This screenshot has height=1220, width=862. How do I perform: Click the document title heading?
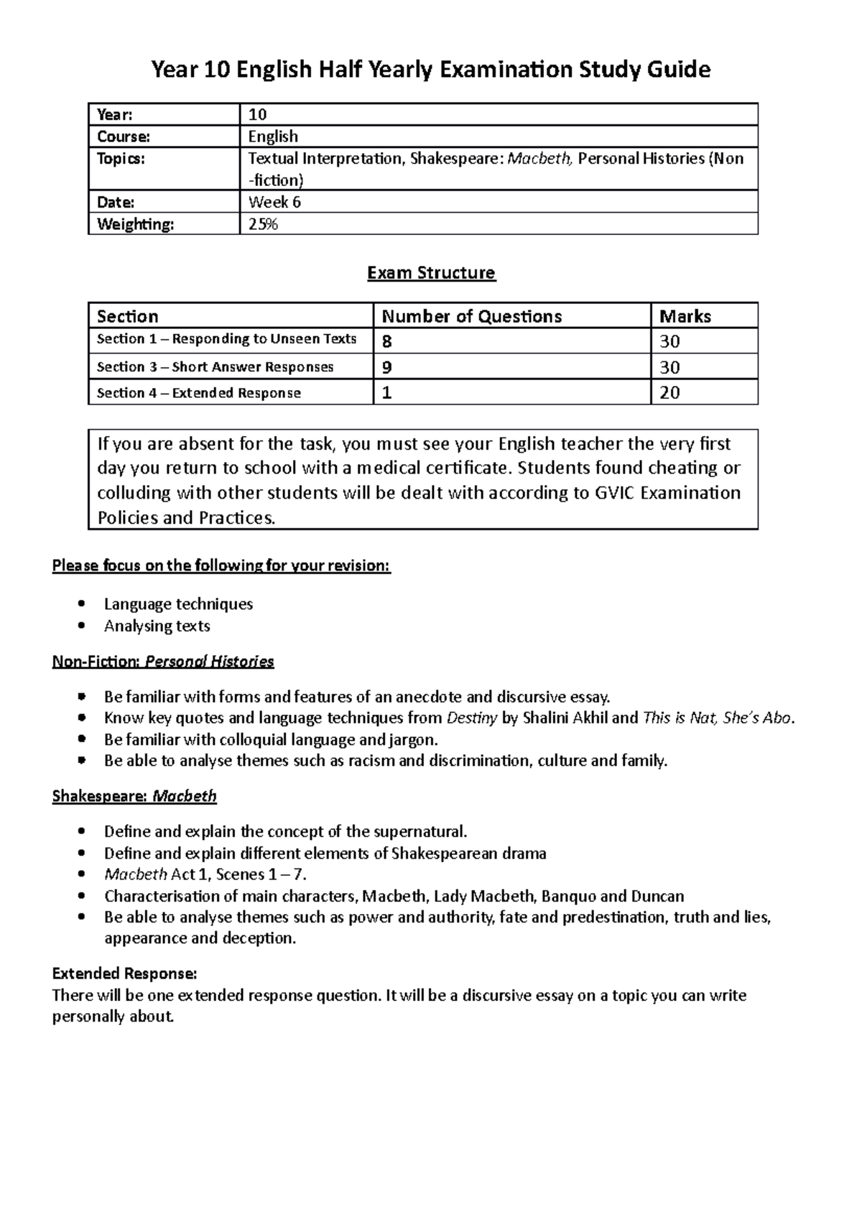tap(430, 70)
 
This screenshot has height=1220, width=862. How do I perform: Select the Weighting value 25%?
tap(263, 224)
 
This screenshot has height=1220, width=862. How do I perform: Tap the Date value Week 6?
tap(274, 202)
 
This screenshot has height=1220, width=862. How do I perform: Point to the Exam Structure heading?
tap(431, 273)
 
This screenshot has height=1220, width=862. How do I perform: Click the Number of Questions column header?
tap(471, 316)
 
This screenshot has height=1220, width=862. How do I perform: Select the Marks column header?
tap(685, 316)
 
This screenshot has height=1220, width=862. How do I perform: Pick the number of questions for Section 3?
tap(387, 367)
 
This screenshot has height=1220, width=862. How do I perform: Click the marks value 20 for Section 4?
tap(669, 392)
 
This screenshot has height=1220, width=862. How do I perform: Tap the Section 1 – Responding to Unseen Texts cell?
tap(227, 339)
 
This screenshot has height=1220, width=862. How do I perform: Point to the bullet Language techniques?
tap(178, 604)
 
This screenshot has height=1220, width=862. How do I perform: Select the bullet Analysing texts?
tap(157, 626)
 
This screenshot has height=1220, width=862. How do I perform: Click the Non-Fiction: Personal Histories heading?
tap(163, 661)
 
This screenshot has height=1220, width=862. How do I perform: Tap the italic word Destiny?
tap(472, 718)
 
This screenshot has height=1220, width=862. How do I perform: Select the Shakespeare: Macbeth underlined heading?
tap(134, 796)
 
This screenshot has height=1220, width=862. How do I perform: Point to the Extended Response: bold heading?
tap(124, 974)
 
